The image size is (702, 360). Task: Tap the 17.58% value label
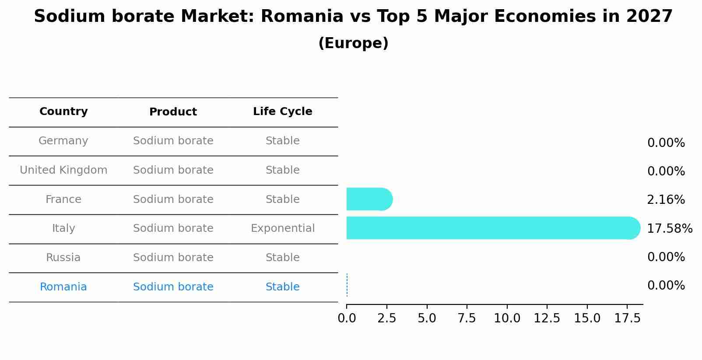669,229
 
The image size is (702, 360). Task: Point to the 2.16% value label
666,200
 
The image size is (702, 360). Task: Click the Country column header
63,112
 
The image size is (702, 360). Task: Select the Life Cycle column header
282,112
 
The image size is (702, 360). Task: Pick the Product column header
173,112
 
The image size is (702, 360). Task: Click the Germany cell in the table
63,141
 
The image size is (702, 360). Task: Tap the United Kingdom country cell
63,170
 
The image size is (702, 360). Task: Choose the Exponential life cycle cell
282,228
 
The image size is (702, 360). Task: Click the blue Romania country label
63,287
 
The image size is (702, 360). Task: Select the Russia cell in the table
63,258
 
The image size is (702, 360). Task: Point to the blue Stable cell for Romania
282,287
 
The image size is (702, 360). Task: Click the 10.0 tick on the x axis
507,318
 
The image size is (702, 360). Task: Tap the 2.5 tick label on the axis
386,318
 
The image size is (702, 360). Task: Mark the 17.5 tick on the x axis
627,318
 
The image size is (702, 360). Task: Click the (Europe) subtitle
353,43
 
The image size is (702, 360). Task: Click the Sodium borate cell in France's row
173,199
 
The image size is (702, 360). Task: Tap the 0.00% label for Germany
666,143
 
